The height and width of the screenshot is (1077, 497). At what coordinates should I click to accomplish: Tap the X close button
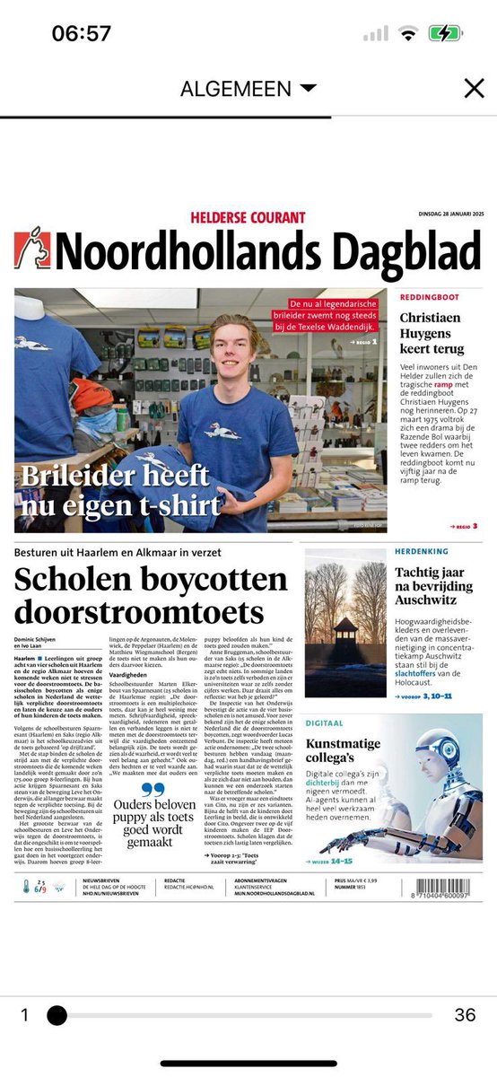[x=473, y=88]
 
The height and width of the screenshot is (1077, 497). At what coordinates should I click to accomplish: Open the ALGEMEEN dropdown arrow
[x=309, y=89]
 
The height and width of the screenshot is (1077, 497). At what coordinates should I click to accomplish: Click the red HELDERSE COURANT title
[x=248, y=217]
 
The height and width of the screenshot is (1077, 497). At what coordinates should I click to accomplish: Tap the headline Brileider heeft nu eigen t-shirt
[x=121, y=490]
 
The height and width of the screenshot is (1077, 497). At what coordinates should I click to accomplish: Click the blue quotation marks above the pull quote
[x=154, y=791]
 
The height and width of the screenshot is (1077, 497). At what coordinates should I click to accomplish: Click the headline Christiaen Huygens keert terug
[x=432, y=333]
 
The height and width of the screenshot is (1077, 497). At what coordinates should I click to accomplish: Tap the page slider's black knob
[x=57, y=1015]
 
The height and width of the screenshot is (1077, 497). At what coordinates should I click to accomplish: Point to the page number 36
[x=465, y=1015]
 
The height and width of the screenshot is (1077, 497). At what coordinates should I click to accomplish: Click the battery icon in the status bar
[x=444, y=34]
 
